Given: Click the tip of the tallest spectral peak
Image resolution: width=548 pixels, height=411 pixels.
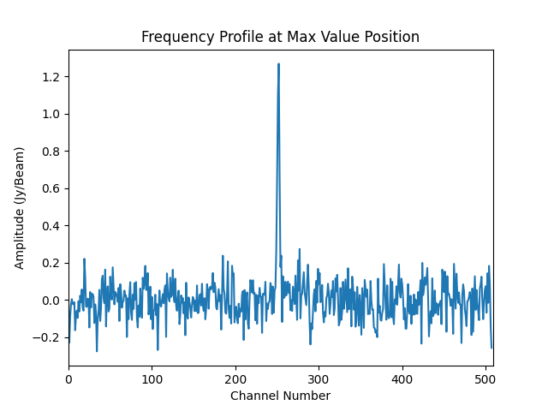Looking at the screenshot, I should [x=278, y=63].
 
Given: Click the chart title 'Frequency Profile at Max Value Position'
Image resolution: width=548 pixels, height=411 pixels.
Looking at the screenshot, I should [x=280, y=37].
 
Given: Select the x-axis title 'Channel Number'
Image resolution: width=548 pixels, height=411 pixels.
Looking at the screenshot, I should [x=280, y=396].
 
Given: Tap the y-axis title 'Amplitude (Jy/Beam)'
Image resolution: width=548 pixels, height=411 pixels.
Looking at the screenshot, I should [x=20, y=207].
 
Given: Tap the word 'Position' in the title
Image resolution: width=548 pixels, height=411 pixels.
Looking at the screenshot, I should [x=393, y=37].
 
